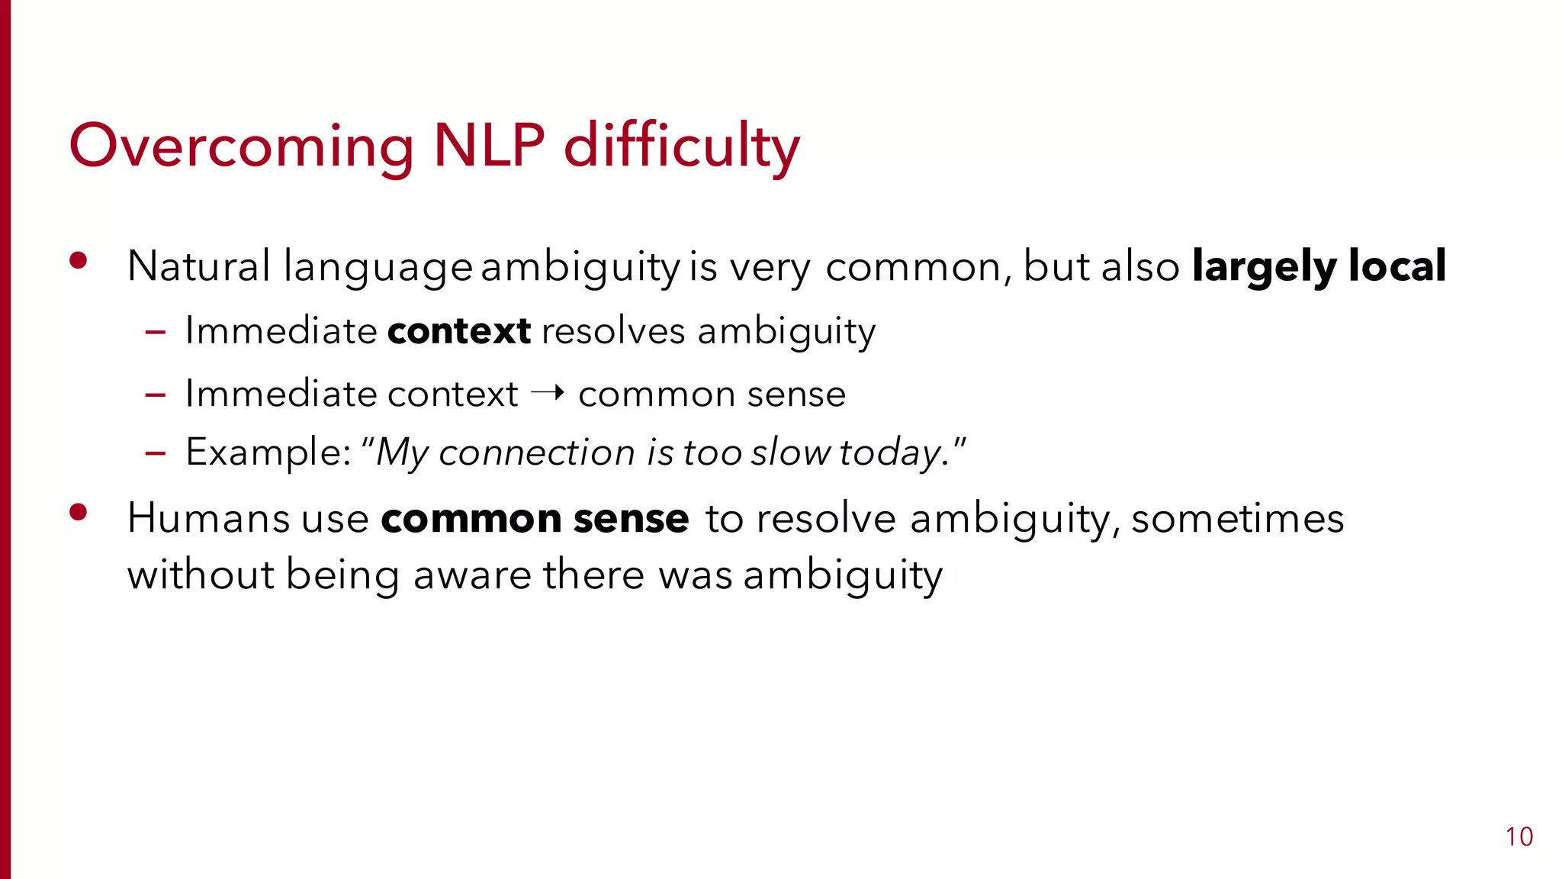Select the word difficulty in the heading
(681, 146)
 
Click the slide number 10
(1519, 837)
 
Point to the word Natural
(198, 266)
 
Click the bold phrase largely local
(1319, 267)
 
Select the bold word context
(458, 331)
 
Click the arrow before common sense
(548, 393)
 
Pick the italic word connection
(536, 452)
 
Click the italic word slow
(790, 452)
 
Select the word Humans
(208, 518)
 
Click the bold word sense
(631, 519)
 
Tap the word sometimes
(1237, 519)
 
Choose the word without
(201, 575)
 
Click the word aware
(472, 575)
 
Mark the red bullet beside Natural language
(78, 261)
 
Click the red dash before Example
(156, 453)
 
